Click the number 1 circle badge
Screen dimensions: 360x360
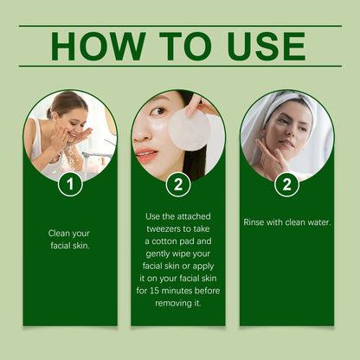(70, 183)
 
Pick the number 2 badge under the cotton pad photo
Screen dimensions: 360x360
(178, 183)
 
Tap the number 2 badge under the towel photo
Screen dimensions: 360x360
(286, 183)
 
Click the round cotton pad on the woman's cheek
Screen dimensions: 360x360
(189, 129)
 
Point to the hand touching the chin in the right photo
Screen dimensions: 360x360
(267, 156)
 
